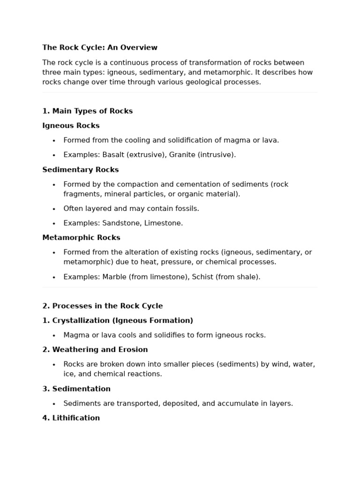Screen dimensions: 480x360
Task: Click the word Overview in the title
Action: tap(140, 47)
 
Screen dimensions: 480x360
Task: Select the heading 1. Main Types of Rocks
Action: tap(87, 111)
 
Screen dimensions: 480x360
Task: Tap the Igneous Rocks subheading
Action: tap(71, 126)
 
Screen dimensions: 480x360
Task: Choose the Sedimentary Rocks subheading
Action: tap(80, 170)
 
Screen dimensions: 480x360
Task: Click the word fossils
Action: tap(186, 209)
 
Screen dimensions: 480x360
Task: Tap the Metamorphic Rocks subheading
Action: tap(81, 238)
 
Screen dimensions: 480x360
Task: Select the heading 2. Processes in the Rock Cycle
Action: tap(102, 306)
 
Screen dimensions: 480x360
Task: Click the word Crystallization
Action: tap(81, 321)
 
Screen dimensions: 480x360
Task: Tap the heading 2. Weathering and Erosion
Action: tap(95, 350)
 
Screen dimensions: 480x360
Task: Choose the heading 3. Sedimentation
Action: tap(76, 389)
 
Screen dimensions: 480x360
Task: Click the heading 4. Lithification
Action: tap(71, 418)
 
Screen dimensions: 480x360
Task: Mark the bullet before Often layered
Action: tap(54, 209)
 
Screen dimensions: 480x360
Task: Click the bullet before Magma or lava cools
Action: tap(54, 336)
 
